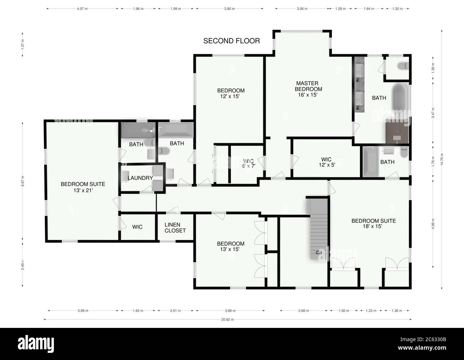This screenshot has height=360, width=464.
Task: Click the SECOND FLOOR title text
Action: pos(231,41)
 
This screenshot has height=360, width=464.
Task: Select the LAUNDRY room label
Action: pos(140,178)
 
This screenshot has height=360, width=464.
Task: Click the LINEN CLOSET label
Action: pos(175,228)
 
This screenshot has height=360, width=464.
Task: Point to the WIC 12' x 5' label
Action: pos(326,162)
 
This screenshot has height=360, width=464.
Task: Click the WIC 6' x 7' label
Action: pos(248,163)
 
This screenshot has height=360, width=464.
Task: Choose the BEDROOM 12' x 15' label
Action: pos(231,93)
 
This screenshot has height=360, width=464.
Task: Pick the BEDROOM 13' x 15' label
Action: pos(231,247)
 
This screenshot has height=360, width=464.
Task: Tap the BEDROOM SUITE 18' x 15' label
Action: pos(373,223)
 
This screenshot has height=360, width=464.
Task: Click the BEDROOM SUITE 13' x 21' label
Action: pos(83,187)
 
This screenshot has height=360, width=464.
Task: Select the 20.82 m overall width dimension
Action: pos(227,320)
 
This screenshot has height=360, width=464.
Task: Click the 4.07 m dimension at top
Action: pos(83,9)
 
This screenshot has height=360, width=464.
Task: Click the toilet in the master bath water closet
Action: pos(402,66)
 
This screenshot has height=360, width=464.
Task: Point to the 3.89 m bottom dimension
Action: pos(230,311)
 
